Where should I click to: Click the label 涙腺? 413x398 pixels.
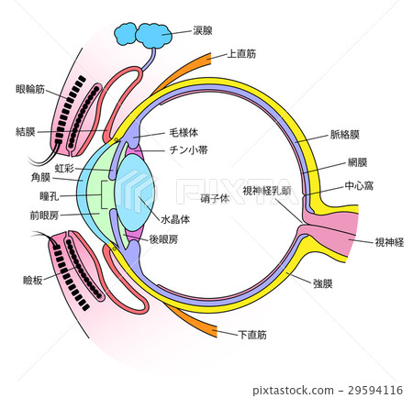[202, 30]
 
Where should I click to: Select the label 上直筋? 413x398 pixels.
[242, 55]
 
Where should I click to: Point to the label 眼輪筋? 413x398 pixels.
[30, 89]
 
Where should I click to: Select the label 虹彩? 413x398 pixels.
[64, 169]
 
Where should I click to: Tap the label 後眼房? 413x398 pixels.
[177, 238]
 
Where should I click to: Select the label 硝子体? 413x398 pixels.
[214, 198]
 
